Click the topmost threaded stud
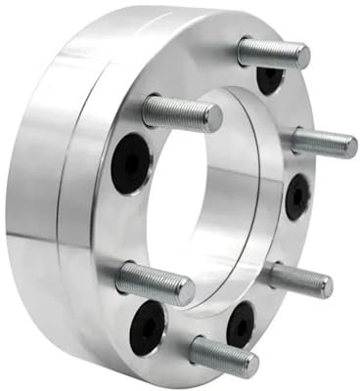(x=273, y=52)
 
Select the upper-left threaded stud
(x=181, y=112)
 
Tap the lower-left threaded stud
(x=155, y=283)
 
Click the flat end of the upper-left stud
(x=210, y=119)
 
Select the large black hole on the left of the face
(x=131, y=163)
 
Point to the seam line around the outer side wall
(x=61, y=195)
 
